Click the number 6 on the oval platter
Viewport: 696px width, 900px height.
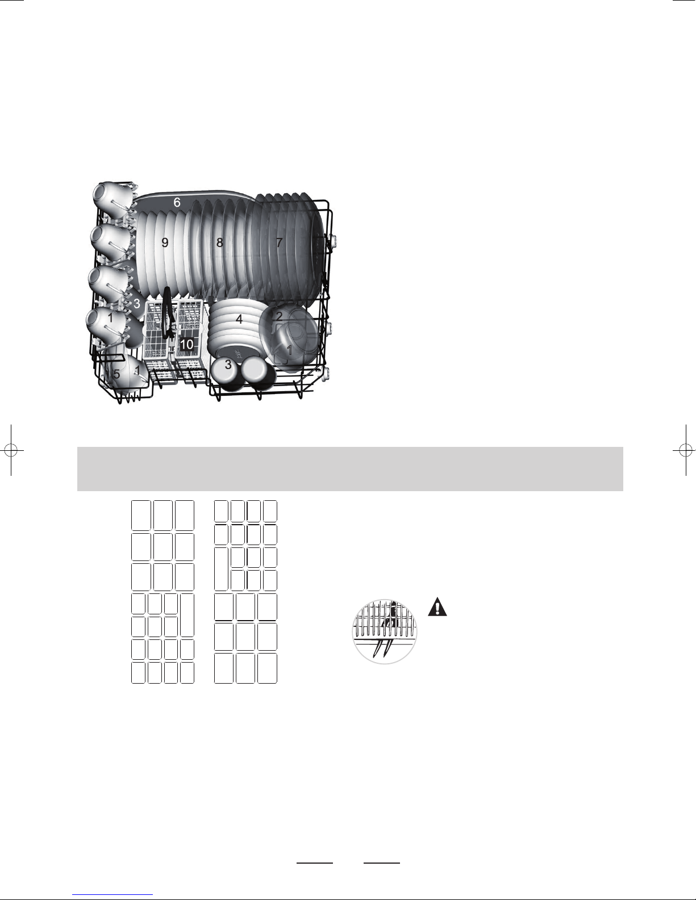coord(177,202)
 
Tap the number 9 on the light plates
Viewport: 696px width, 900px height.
coord(165,242)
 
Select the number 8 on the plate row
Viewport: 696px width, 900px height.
coord(219,242)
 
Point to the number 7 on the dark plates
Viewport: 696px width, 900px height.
coord(279,242)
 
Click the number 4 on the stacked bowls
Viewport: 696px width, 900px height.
coord(239,319)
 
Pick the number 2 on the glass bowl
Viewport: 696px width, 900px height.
coord(279,316)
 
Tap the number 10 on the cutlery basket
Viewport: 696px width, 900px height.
coord(186,344)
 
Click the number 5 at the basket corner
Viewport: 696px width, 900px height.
coord(117,374)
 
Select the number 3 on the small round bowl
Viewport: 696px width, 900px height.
coord(228,365)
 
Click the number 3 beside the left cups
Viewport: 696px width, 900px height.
coord(137,304)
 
